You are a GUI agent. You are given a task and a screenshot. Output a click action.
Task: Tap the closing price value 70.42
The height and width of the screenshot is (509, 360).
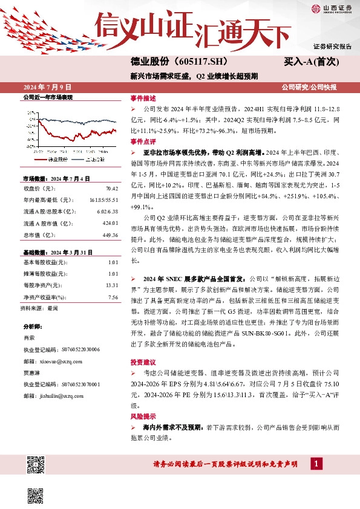pyautogui.click(x=111, y=189)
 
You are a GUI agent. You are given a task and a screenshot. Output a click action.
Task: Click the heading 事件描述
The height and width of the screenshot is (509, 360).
pyautogui.click(x=143, y=97)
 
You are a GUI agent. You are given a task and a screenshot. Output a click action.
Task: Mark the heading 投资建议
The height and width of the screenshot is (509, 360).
pyautogui.click(x=143, y=361)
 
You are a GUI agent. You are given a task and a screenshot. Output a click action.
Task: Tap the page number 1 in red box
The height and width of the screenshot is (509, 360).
pyautogui.click(x=316, y=464)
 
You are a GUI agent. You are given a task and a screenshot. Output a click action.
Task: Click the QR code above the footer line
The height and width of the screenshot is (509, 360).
pyautogui.click(x=36, y=464)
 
